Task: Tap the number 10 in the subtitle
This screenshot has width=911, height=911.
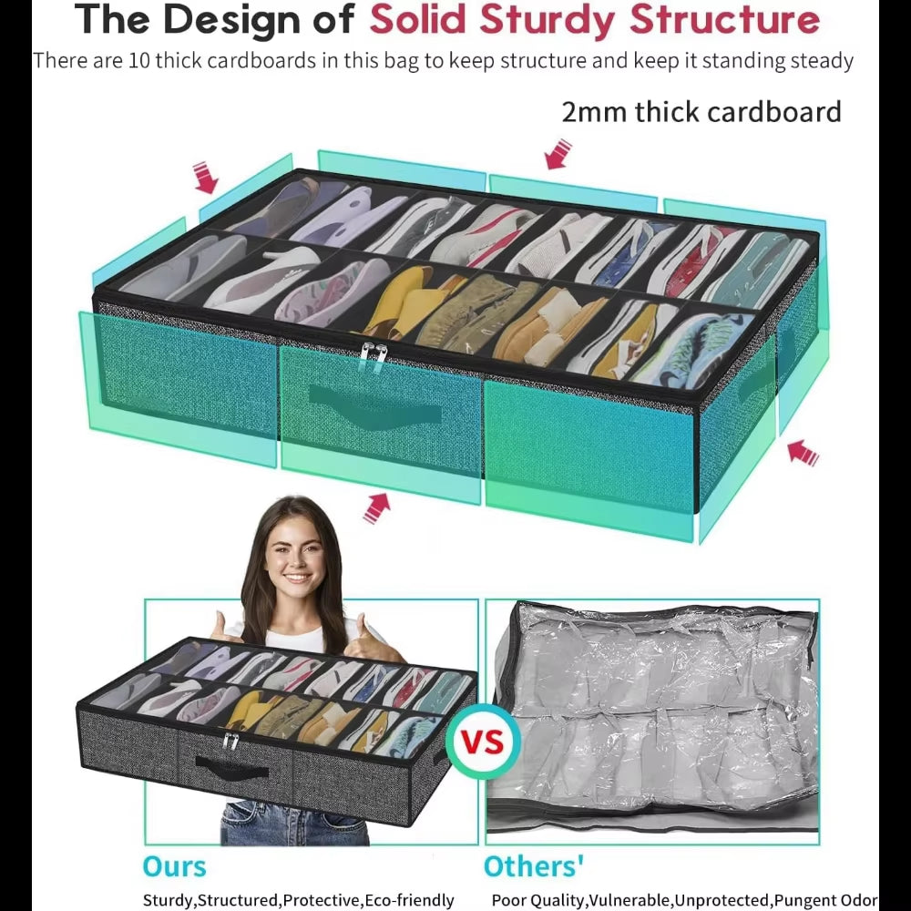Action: (x=139, y=60)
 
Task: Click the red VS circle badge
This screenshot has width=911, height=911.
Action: (x=483, y=742)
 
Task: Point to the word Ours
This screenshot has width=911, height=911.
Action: (x=174, y=866)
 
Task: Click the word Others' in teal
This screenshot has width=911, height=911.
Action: (x=534, y=865)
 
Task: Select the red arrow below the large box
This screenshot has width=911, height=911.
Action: (x=377, y=507)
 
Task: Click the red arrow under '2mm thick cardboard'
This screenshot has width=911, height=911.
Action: (x=558, y=153)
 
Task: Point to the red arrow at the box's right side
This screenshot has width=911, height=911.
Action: (x=803, y=452)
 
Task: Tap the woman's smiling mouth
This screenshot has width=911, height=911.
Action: (x=297, y=578)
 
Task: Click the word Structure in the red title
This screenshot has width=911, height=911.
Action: (x=724, y=19)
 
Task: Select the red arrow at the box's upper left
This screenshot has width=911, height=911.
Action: (x=205, y=177)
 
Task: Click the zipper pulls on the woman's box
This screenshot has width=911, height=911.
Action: (x=230, y=742)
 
